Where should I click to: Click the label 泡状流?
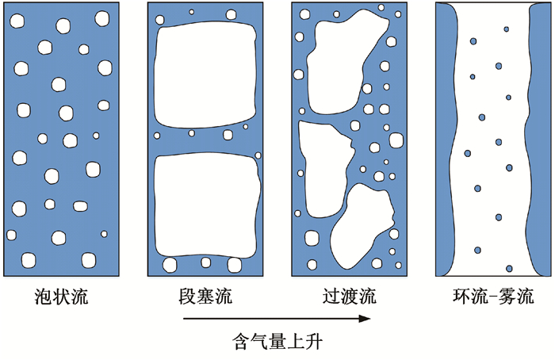coord(63,297)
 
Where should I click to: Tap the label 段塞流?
coord(206,297)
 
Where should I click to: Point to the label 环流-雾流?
coord(492,297)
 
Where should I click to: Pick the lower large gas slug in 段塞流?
coord(206,204)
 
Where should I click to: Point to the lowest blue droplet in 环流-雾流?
coord(509,268)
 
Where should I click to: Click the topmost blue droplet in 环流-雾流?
coord(505,30)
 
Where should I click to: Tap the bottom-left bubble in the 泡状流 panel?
coord(29,259)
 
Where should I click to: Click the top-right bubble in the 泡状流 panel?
coord(103,17)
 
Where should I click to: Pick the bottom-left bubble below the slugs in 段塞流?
coord(170,264)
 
